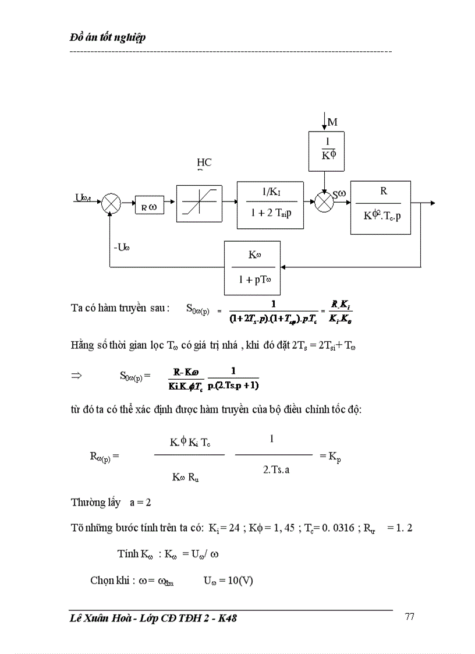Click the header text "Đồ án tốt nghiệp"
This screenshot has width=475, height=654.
tap(107, 38)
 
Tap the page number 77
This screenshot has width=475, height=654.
tap(409, 617)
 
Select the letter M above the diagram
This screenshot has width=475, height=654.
tap(332, 122)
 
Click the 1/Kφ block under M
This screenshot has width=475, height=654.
tap(326, 151)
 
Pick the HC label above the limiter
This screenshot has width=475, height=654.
tap(204, 162)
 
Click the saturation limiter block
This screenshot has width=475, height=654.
tap(199, 204)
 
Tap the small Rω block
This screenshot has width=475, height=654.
tap(150, 206)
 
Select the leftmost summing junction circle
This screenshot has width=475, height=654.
tap(111, 204)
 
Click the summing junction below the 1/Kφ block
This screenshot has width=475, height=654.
tap(323, 203)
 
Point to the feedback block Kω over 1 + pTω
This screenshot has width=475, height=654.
tap(252, 267)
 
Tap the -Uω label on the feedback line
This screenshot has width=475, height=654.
tap(122, 247)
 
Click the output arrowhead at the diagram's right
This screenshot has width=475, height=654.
tap(432, 203)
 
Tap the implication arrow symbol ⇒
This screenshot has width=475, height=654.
tap(76, 376)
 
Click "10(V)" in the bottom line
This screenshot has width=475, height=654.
tap(239, 581)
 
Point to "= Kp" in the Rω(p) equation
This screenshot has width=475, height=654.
tap(330, 457)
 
